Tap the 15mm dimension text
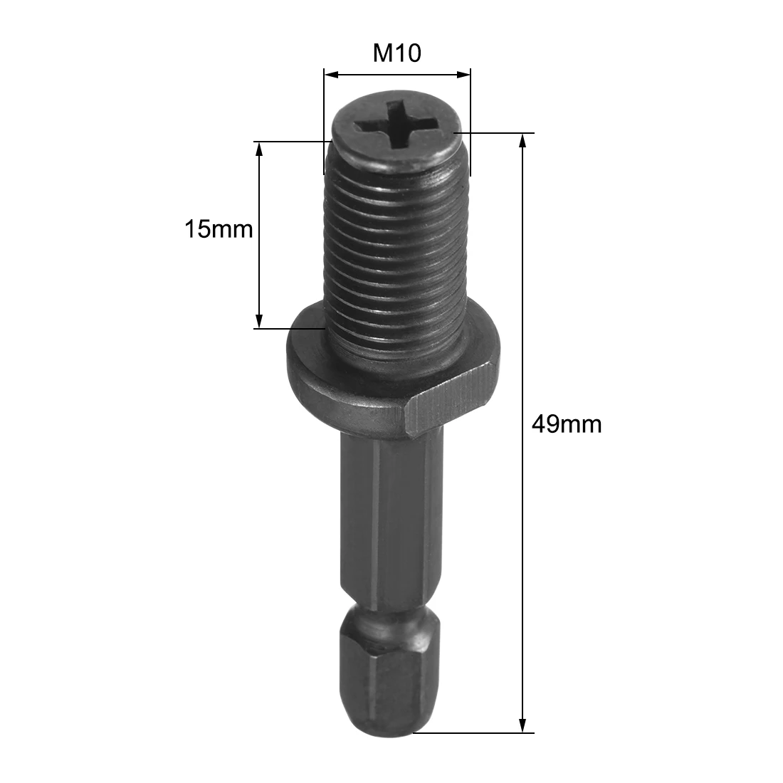[x=219, y=230]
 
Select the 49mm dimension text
[x=567, y=424]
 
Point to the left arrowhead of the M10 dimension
[x=330, y=73]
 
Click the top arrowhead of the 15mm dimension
[x=259, y=147]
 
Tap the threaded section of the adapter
[x=396, y=249]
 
